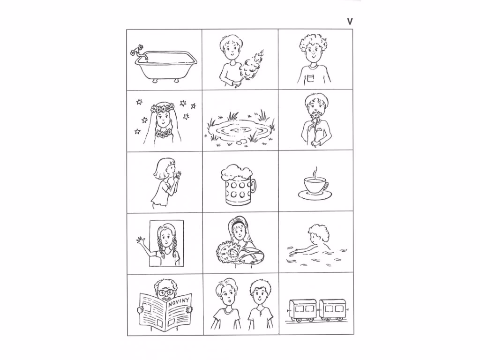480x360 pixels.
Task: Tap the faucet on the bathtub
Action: click(140, 53)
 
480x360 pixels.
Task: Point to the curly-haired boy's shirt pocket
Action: click(311, 78)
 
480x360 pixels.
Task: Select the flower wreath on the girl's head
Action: click(163, 108)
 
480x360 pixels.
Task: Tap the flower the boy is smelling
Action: click(315, 118)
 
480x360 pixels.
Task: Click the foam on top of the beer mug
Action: click(236, 173)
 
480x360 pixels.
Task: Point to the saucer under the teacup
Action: click(315, 195)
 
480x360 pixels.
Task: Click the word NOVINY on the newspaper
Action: click(179, 300)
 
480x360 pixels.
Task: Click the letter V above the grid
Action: click(350, 22)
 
